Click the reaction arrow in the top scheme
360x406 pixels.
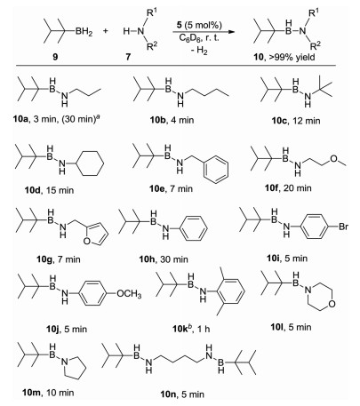[202, 32]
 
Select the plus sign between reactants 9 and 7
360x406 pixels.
[106, 30]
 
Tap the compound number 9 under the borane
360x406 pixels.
[55, 57]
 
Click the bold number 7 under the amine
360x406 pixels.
[128, 57]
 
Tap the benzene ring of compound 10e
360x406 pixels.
[216, 170]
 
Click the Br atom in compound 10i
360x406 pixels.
[343, 227]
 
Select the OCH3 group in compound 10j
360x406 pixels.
[129, 294]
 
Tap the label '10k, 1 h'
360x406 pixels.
[191, 328]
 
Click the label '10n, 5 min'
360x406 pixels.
[182, 394]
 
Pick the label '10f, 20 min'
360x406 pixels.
[288, 187]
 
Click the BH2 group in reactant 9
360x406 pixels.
[84, 32]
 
